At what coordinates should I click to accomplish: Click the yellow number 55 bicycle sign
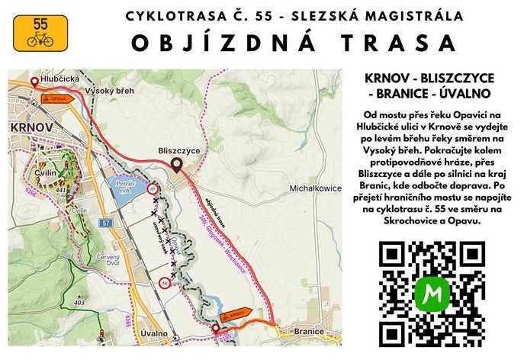coord(40,33)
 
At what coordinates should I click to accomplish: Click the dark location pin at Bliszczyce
coord(176,166)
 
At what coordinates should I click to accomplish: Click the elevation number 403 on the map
coord(79,303)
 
